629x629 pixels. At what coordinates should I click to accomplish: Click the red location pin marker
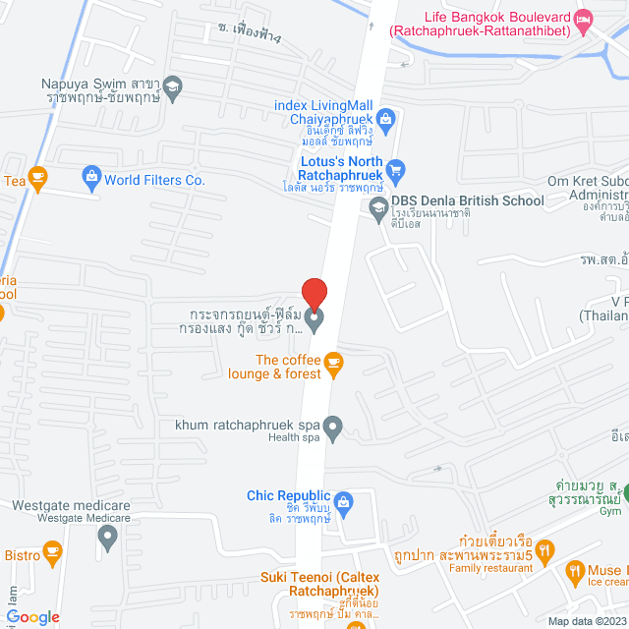[314, 294]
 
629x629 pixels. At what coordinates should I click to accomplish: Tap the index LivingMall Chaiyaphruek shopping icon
[385, 120]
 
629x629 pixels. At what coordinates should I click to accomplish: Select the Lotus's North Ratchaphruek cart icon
[395, 170]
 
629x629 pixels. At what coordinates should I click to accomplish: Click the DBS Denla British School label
[467, 200]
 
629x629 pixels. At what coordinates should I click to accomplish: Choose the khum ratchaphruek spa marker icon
[333, 428]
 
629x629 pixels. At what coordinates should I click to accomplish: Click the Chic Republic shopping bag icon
[343, 502]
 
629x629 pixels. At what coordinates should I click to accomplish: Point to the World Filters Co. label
[154, 180]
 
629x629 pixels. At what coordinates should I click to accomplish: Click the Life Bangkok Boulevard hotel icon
[584, 19]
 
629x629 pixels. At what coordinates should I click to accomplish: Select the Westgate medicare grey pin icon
[107, 537]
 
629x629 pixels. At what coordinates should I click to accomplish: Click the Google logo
[32, 617]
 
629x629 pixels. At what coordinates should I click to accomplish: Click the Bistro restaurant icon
[53, 557]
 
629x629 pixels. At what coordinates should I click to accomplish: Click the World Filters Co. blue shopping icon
[91, 179]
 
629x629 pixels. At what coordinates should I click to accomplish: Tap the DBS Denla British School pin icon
[377, 207]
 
